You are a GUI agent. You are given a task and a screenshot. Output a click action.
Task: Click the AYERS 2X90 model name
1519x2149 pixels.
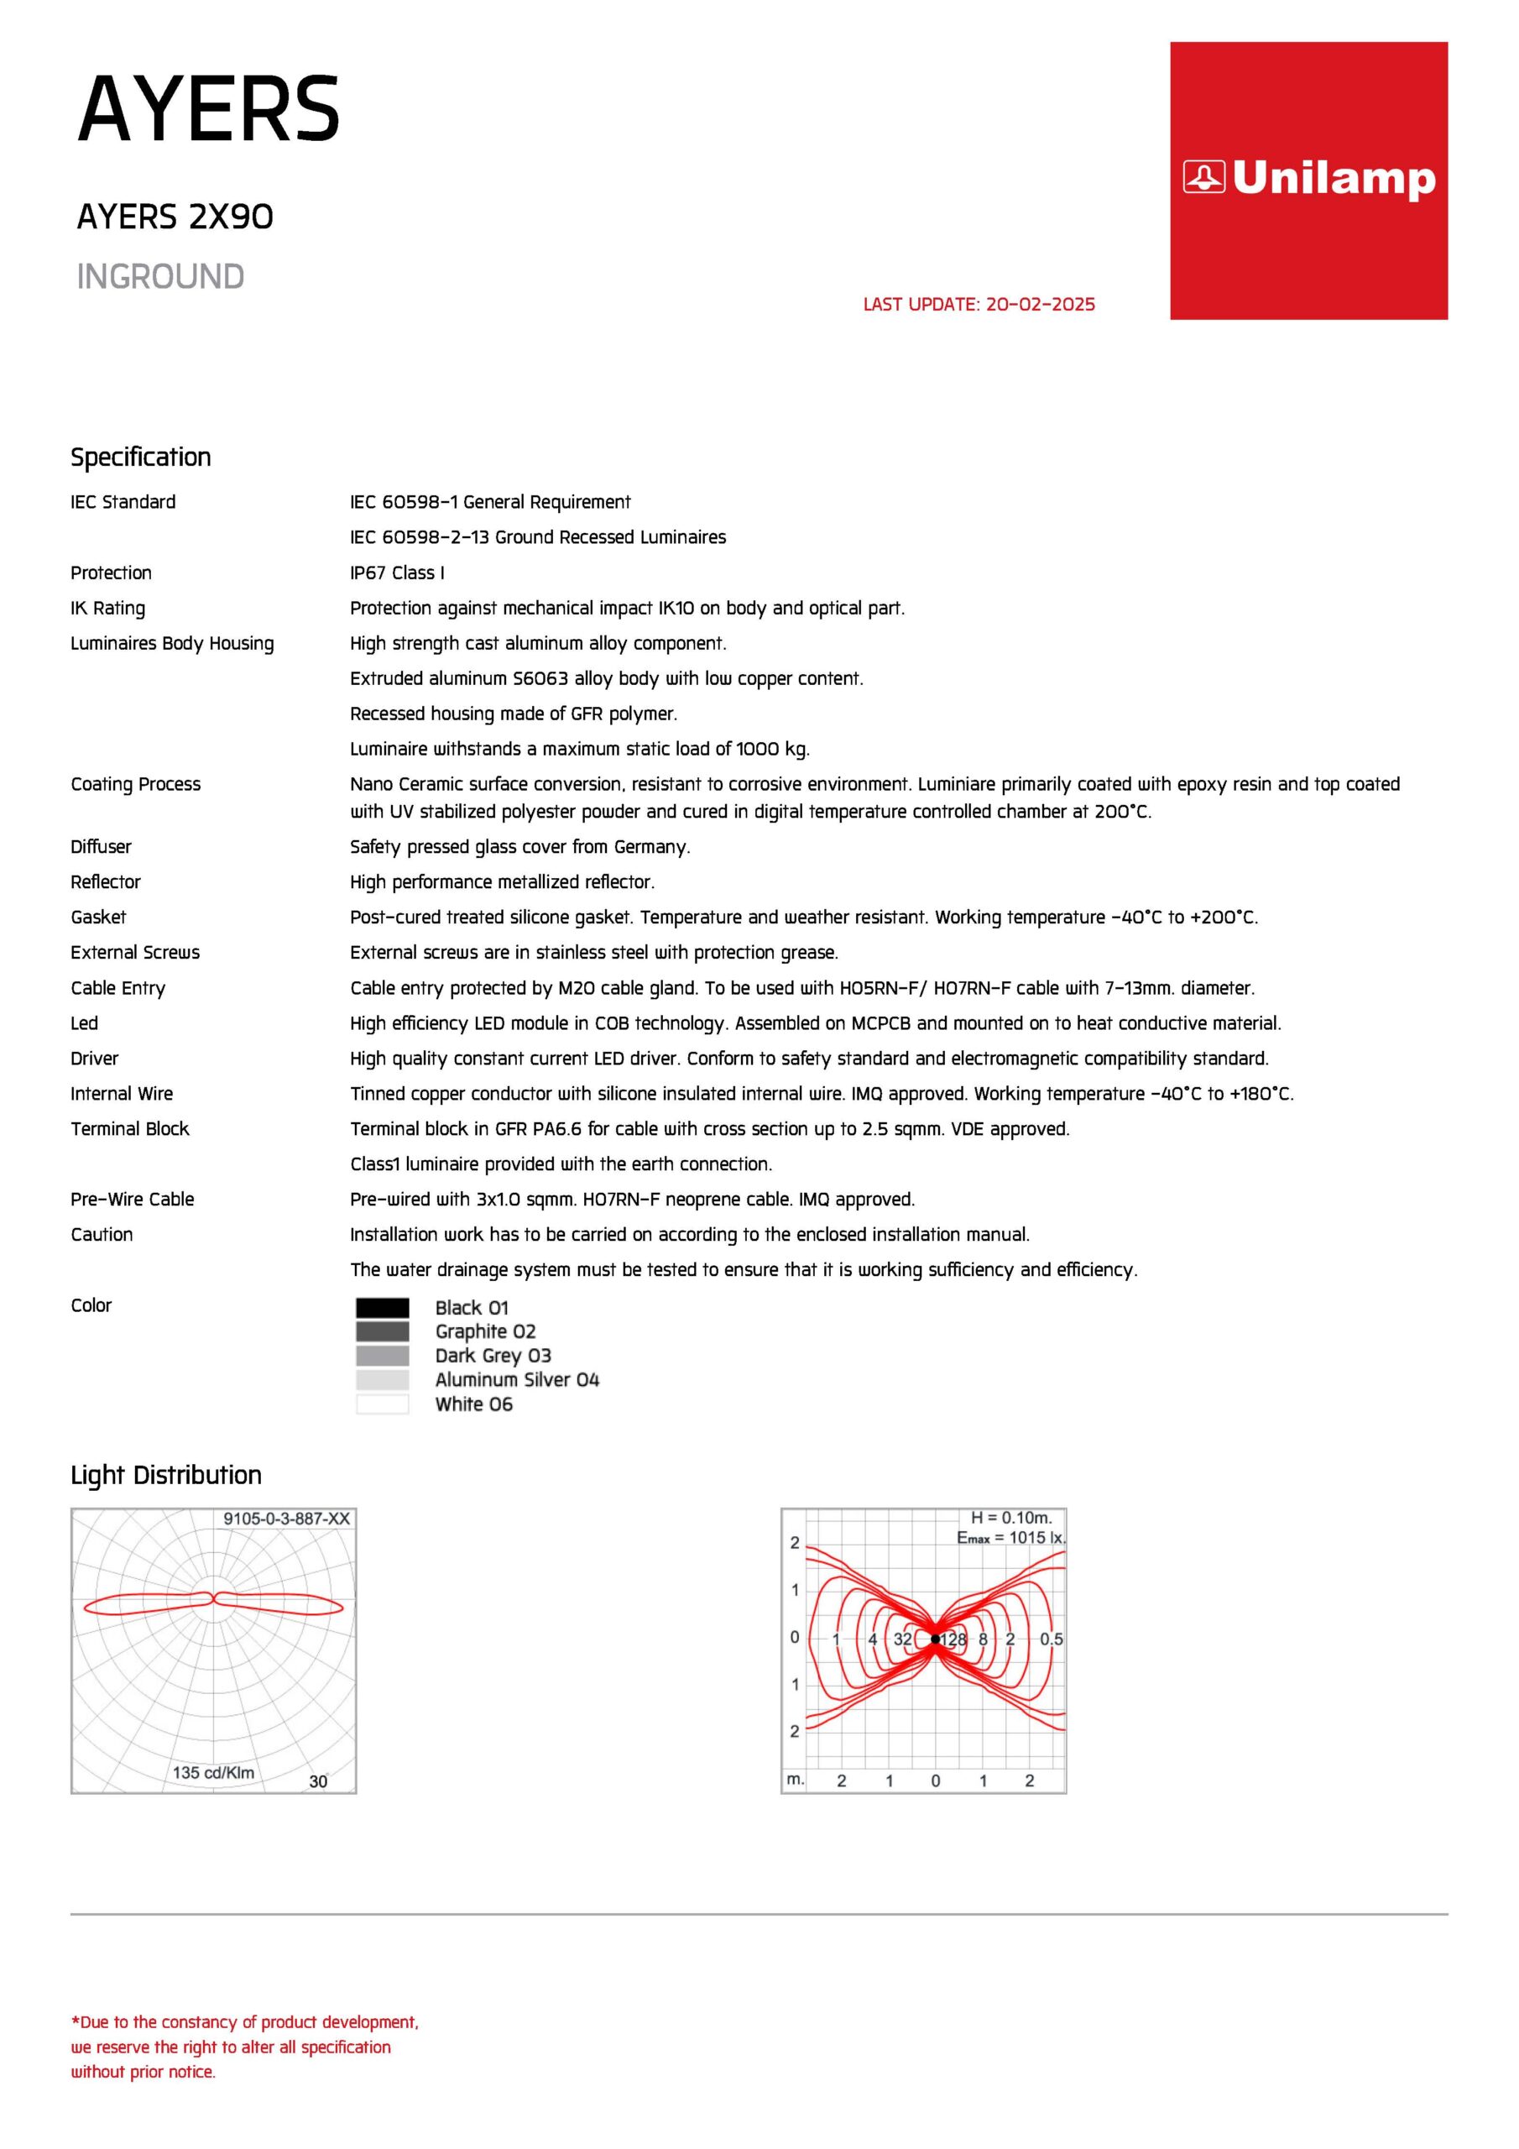175,217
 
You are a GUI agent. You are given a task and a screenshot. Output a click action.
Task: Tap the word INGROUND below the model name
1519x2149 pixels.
160,277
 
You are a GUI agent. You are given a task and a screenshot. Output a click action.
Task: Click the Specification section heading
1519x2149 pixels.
140,458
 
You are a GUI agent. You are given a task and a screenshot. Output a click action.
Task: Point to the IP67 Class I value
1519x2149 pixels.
397,573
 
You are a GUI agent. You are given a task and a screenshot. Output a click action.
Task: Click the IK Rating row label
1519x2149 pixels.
107,609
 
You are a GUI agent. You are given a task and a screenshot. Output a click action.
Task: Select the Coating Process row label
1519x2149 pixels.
136,784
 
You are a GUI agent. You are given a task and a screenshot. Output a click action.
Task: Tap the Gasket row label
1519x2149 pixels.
98,918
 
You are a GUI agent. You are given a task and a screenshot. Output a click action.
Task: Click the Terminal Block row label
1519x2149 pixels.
130,1129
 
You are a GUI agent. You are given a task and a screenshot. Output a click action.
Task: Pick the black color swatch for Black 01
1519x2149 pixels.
382,1308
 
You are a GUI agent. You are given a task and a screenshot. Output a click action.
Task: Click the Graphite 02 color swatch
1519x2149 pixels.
382,1332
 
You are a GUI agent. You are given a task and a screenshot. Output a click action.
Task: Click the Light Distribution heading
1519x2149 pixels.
165,1475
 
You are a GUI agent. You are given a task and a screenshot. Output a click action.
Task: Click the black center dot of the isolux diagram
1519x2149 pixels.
935,1639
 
